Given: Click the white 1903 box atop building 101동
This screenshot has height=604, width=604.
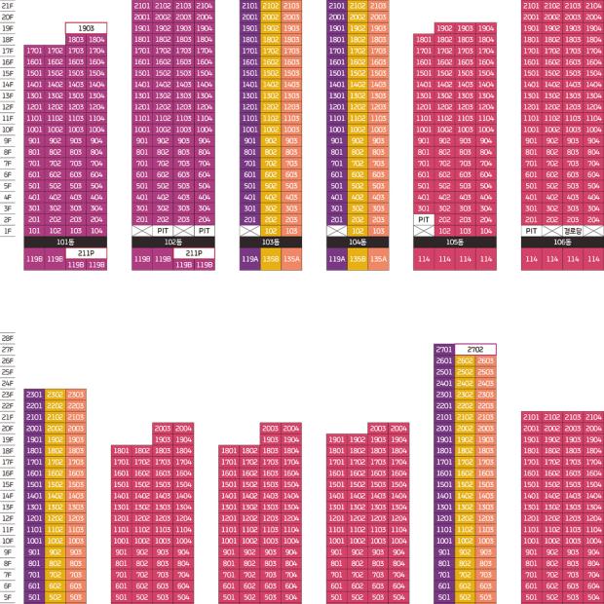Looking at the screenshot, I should point(86,28).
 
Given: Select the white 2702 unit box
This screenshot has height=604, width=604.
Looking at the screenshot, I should point(475,349).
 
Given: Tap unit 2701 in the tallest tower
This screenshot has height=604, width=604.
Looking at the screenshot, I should point(444,349).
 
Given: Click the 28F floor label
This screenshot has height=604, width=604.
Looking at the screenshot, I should point(8,337).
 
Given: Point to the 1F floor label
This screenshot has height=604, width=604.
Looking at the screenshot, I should point(8,231).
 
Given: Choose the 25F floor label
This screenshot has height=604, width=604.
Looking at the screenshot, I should point(8,371).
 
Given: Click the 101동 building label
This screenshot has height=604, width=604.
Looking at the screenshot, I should point(65,242).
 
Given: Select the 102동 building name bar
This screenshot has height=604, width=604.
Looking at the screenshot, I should point(173,242).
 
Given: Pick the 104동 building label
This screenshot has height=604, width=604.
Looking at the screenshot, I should point(358,242).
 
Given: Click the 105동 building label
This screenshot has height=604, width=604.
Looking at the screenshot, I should point(454,242).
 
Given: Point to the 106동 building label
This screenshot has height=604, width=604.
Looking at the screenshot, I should point(562,242).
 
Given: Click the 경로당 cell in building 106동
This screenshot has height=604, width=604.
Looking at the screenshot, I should point(573,231).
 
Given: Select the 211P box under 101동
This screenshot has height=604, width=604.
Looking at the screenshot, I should point(86,253).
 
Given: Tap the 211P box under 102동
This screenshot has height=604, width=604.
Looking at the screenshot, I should point(194,253).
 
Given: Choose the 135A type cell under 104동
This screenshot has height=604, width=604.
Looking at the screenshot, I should point(378,259).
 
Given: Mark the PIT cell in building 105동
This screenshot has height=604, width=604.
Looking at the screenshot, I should point(424,220).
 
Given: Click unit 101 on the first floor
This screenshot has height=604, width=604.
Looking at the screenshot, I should point(34,231).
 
